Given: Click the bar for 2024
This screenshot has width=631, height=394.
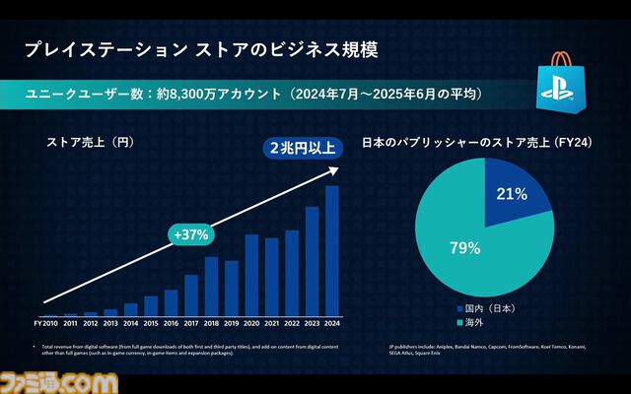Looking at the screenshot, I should [332, 250].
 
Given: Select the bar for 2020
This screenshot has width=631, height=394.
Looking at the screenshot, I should [251, 274].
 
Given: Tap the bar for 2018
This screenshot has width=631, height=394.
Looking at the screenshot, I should [211, 286].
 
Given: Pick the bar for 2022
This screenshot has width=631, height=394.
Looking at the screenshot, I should [292, 272].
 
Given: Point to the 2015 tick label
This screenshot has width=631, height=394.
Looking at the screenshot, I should [151, 322].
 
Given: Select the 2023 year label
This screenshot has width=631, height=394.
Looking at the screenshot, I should [312, 322].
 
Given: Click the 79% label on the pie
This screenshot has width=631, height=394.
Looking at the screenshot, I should [465, 247].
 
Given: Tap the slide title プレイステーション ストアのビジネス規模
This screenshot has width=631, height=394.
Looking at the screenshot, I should [201, 48].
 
